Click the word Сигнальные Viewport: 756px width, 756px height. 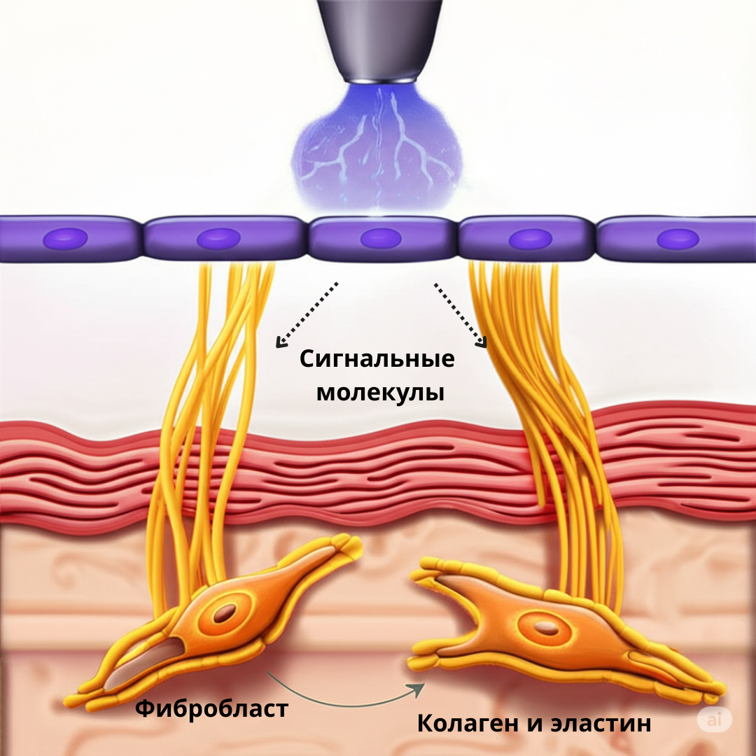tap(377, 360)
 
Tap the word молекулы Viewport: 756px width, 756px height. tap(380, 393)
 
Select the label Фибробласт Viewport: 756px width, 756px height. tap(211, 708)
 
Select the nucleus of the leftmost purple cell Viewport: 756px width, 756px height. tap(65, 238)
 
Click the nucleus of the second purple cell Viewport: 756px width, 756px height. tap(218, 238)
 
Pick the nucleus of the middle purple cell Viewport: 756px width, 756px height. tap(381, 238)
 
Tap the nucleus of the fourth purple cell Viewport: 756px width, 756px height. tap(531, 239)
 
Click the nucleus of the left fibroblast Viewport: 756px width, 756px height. tap(225, 613)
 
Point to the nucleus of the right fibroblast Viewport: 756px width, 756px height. tap(546, 628)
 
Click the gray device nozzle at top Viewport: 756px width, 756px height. tap(379, 38)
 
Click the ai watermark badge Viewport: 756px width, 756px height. tap(714, 720)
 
